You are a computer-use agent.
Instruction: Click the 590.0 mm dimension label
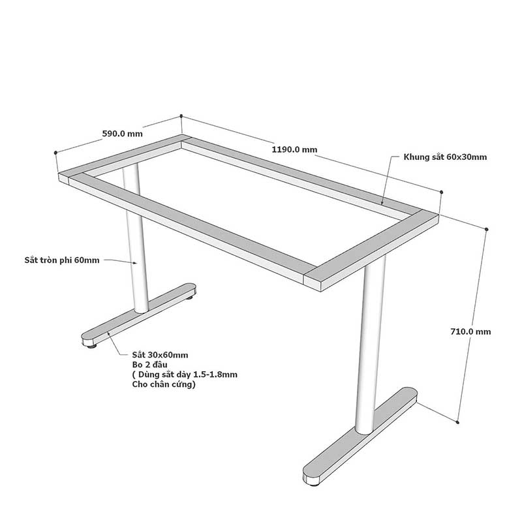click(122, 134)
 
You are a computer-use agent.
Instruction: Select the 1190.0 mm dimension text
click(295, 149)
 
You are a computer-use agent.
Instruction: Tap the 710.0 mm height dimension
click(470, 331)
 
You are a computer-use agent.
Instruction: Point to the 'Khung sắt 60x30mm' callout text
click(445, 157)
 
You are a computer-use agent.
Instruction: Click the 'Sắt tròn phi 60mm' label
click(62, 260)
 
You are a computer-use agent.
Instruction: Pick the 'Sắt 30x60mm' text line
click(160, 355)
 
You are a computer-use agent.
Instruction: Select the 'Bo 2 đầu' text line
click(149, 365)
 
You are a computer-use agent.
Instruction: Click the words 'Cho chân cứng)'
click(164, 384)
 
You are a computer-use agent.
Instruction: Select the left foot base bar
click(139, 315)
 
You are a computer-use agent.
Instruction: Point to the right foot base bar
click(360, 435)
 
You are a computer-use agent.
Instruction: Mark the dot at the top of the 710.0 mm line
click(487, 230)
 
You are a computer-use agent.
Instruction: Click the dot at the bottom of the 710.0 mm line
click(458, 422)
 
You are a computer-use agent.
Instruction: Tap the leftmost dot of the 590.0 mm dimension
click(55, 153)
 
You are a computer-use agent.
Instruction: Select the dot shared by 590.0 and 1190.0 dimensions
click(181, 116)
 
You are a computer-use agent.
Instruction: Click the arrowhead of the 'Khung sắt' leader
click(382, 203)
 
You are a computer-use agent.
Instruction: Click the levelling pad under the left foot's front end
click(91, 346)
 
